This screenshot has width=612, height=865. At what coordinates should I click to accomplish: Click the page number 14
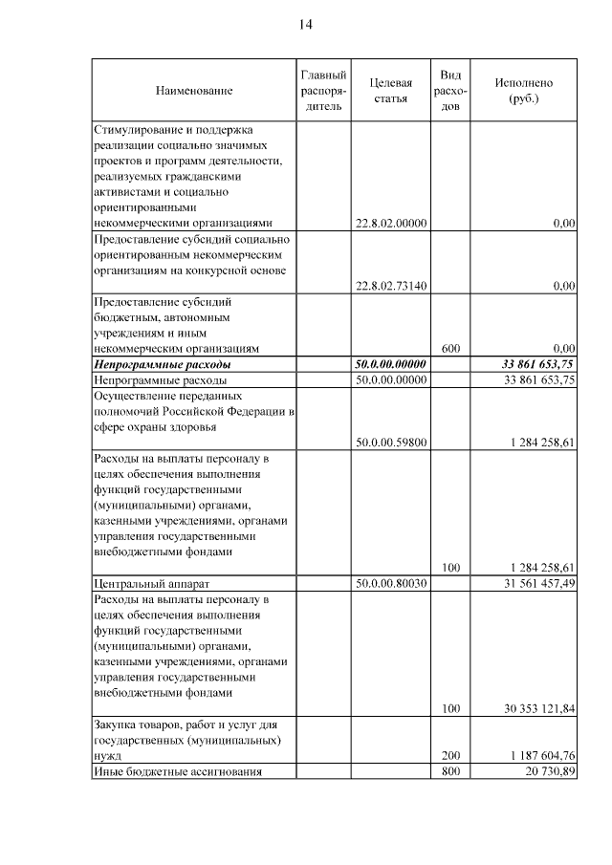[x=305, y=24]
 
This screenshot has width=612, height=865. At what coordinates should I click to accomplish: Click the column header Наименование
[x=194, y=91]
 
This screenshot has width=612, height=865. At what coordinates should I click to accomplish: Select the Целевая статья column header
[x=390, y=91]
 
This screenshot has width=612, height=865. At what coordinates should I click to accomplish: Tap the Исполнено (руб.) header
[x=523, y=91]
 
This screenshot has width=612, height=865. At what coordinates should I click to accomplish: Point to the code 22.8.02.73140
[x=390, y=286]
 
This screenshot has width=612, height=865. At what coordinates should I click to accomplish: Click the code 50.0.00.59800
[x=390, y=443]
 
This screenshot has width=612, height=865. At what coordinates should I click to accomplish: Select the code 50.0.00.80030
[x=390, y=583]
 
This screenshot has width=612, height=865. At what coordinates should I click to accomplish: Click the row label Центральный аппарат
[x=150, y=583]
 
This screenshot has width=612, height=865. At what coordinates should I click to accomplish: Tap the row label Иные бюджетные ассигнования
[x=177, y=771]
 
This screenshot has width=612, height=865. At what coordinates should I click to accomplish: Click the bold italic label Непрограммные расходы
[x=163, y=364]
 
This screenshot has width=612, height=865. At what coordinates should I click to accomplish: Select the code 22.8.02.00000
[x=390, y=223]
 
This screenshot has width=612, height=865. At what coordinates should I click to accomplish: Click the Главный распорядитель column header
[x=322, y=91]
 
